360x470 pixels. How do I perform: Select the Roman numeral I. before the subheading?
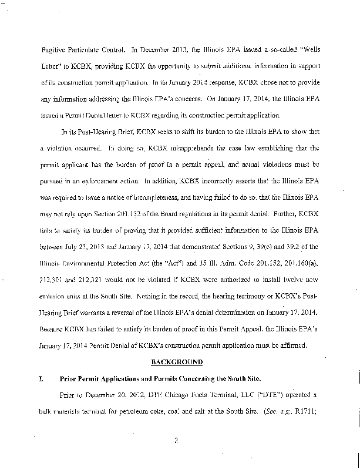[x=40, y=380]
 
